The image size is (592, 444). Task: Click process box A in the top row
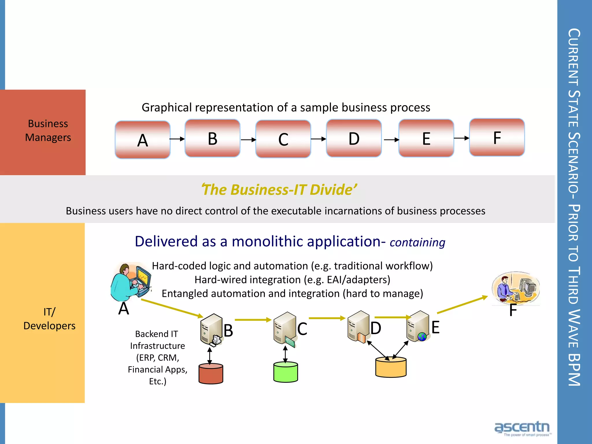143,140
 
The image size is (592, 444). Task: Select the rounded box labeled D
354,138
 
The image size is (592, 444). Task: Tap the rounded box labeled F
497,138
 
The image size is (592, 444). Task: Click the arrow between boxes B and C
248,140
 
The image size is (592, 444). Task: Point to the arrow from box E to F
461,138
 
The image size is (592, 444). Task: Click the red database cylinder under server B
211,374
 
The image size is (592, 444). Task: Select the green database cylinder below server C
286,372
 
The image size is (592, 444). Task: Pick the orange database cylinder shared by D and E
391,367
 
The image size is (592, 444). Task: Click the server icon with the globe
418,327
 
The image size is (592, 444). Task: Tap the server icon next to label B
211,330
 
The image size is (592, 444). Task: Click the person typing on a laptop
131,282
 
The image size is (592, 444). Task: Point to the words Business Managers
48,131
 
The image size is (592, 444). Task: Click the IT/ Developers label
49,319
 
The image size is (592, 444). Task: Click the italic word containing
417,243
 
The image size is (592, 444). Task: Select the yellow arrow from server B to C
253,320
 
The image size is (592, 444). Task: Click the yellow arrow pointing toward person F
462,305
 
